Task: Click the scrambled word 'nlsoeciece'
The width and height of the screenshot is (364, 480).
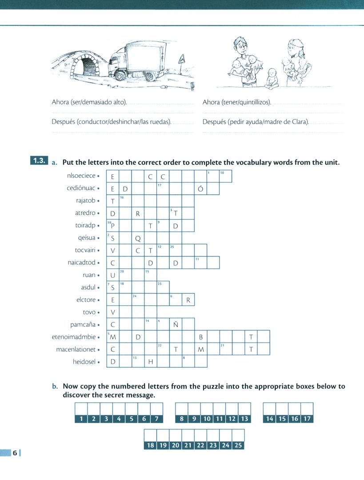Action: tap(81, 176)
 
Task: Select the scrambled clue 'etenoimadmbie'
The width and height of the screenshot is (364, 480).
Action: tap(74, 337)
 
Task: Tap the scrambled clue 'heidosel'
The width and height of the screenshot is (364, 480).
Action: tap(84, 362)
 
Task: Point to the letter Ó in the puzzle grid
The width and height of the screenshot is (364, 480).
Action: tap(200, 188)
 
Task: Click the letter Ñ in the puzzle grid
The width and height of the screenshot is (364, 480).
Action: tap(176, 324)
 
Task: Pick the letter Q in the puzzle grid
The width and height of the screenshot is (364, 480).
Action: tap(138, 238)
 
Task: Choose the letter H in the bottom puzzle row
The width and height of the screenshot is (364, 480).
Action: tap(151, 362)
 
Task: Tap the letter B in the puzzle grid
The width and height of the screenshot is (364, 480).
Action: tap(201, 337)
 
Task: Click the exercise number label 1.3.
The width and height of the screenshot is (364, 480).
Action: tap(39, 160)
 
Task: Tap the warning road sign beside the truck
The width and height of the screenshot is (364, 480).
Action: tap(182, 59)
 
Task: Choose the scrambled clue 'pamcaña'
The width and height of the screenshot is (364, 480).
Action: tap(83, 325)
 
